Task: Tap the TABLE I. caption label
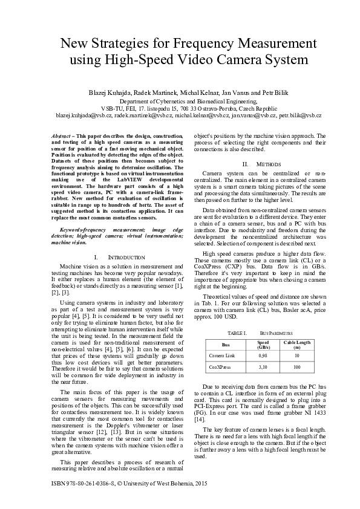coord(236,333)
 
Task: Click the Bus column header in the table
coord(226,345)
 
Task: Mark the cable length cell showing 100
coord(296,366)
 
